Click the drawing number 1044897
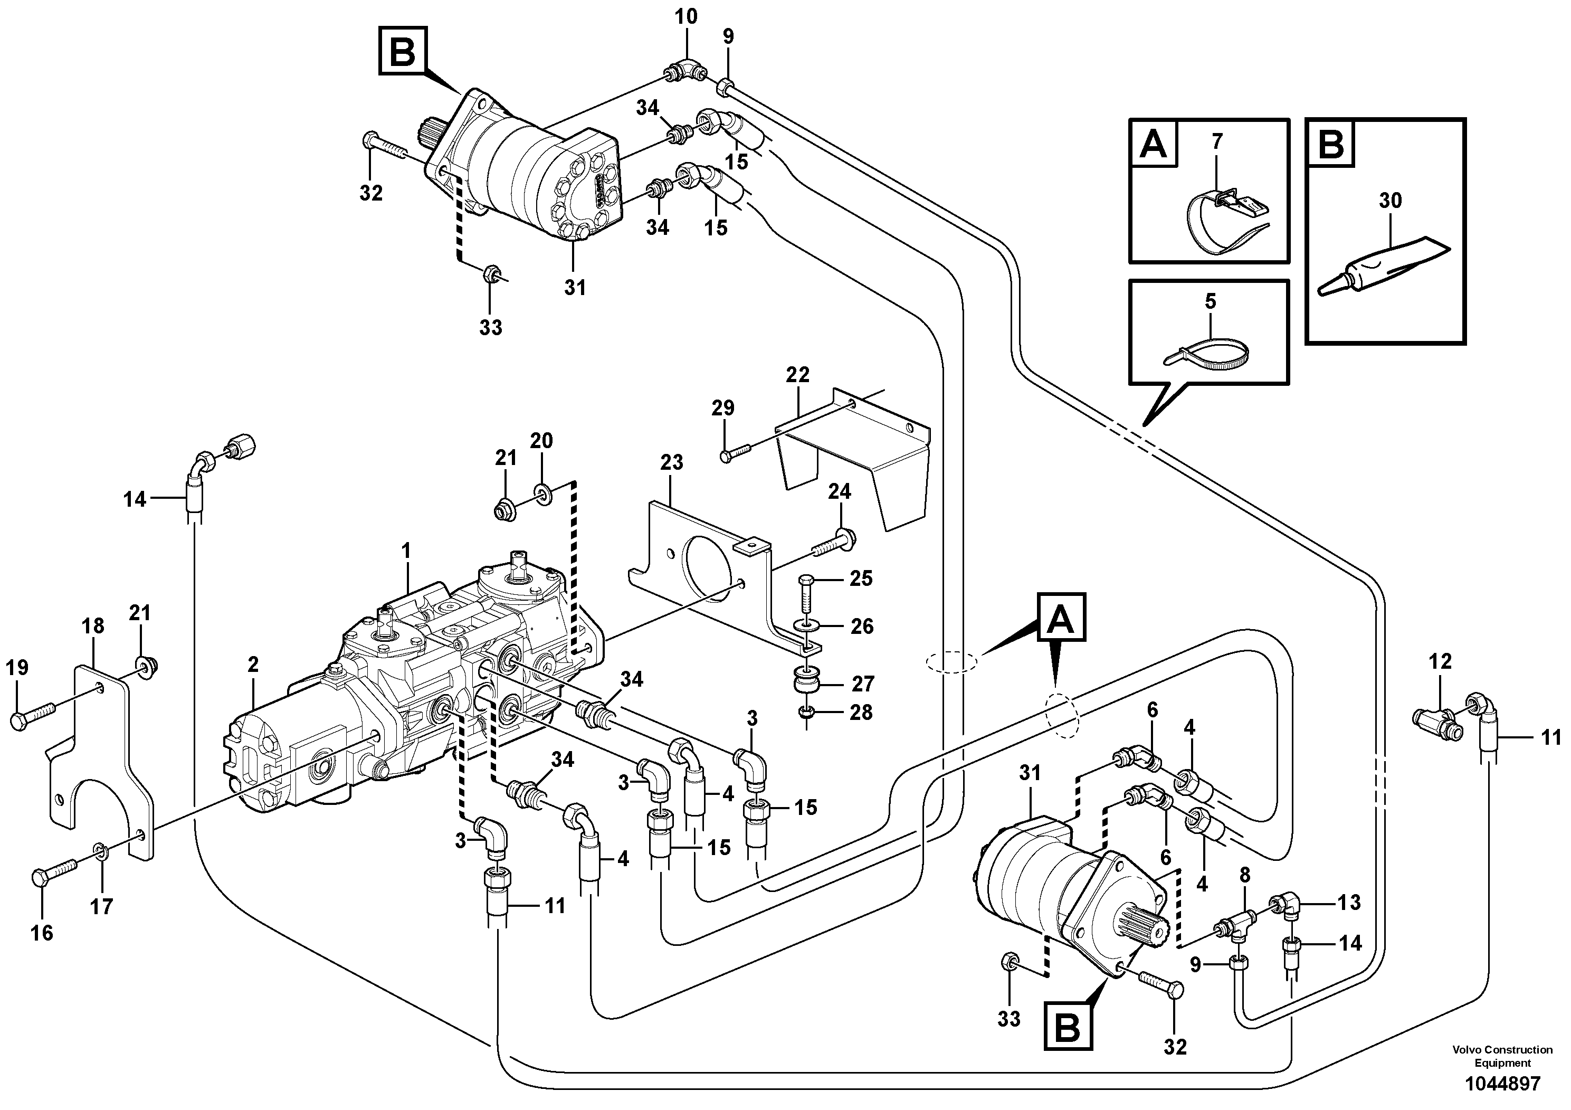tap(1502, 1083)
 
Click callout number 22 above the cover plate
tap(797, 375)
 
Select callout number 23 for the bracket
tap(671, 462)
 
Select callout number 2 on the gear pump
tap(253, 664)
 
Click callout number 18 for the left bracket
tap(93, 625)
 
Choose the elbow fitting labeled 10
tap(685, 70)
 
